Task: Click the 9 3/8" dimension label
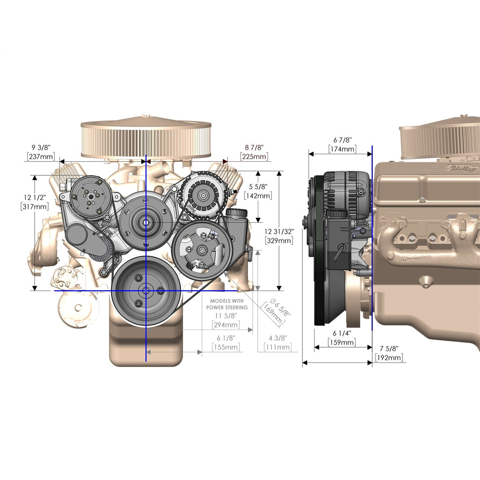point(41,148)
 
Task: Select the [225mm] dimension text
point(254,157)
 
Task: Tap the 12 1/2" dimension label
point(35,197)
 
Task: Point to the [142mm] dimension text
point(258,195)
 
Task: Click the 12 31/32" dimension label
point(279,232)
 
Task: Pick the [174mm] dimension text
point(343,149)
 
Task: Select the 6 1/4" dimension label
point(342,333)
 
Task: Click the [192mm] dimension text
point(389,358)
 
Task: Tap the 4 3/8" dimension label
point(278,338)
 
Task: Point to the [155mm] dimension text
point(226,347)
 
